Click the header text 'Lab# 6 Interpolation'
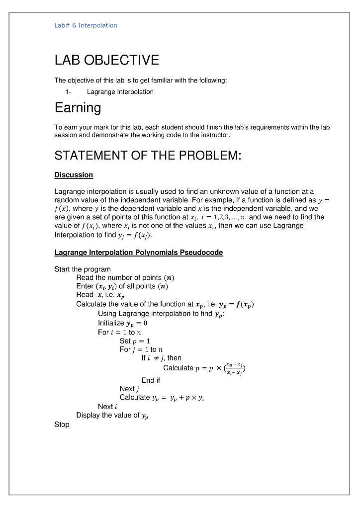click(86, 25)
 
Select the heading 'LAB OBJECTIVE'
click(106, 60)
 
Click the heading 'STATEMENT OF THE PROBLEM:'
click(148, 156)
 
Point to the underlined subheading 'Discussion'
click(74, 175)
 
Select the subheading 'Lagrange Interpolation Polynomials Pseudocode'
click(138, 253)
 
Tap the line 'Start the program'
click(82, 269)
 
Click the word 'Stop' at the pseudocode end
click(62, 424)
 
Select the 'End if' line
click(151, 380)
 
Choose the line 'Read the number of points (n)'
click(125, 277)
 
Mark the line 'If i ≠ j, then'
click(161, 358)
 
